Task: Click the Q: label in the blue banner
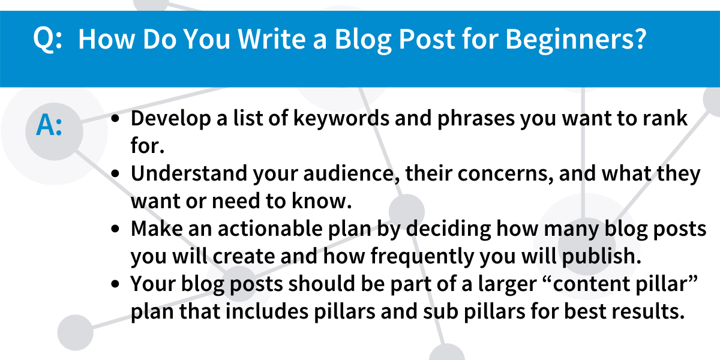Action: point(47,39)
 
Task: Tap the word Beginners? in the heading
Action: point(575,40)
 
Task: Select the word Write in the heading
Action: point(272,39)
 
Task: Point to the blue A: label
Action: point(49,125)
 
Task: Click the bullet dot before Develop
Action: point(115,119)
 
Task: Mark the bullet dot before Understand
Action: point(115,173)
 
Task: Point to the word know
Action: point(322,201)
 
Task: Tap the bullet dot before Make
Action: point(115,229)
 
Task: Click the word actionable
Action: point(271,229)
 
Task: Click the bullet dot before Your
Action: point(115,284)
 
